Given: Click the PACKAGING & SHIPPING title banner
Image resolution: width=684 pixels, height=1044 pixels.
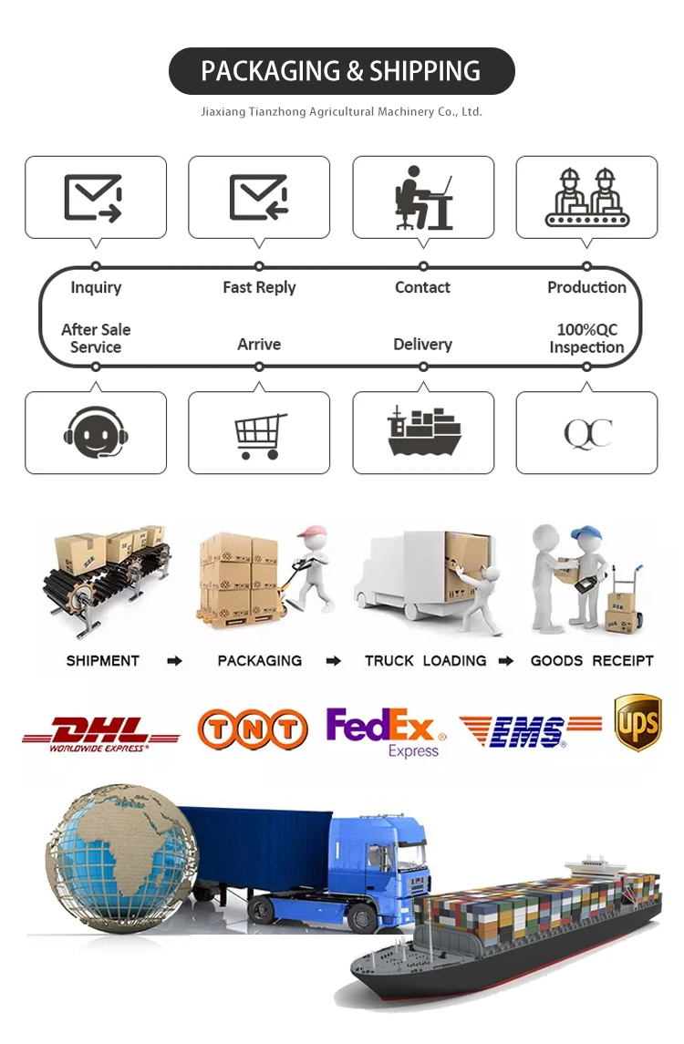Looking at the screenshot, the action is click(x=341, y=71).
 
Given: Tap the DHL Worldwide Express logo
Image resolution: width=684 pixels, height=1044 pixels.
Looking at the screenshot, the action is click(x=100, y=733).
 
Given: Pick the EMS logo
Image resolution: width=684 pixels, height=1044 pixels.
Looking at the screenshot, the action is click(x=530, y=730).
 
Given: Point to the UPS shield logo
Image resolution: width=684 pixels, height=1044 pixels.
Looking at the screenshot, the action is click(x=637, y=722).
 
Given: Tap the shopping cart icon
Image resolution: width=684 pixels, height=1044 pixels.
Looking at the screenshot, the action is click(x=260, y=436).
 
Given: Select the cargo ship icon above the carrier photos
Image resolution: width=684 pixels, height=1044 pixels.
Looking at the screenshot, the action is click(x=423, y=431).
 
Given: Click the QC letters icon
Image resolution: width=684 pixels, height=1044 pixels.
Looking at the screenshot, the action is click(x=587, y=434).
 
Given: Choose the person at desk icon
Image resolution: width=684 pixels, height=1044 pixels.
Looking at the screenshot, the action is click(x=423, y=198).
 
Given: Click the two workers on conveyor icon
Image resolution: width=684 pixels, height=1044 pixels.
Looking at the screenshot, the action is click(x=587, y=198).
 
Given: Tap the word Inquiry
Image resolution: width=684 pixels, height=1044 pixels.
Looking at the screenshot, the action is click(x=96, y=288).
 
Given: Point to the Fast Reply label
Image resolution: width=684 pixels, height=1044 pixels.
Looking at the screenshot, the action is click(x=259, y=288).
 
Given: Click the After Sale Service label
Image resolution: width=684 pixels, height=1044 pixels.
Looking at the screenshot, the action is click(x=96, y=338).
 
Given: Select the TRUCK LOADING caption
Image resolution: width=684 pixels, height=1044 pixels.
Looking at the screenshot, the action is click(x=425, y=661).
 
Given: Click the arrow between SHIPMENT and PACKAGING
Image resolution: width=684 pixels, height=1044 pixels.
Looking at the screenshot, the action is click(x=174, y=661).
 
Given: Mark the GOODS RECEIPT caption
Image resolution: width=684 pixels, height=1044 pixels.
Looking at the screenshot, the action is click(x=592, y=661).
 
